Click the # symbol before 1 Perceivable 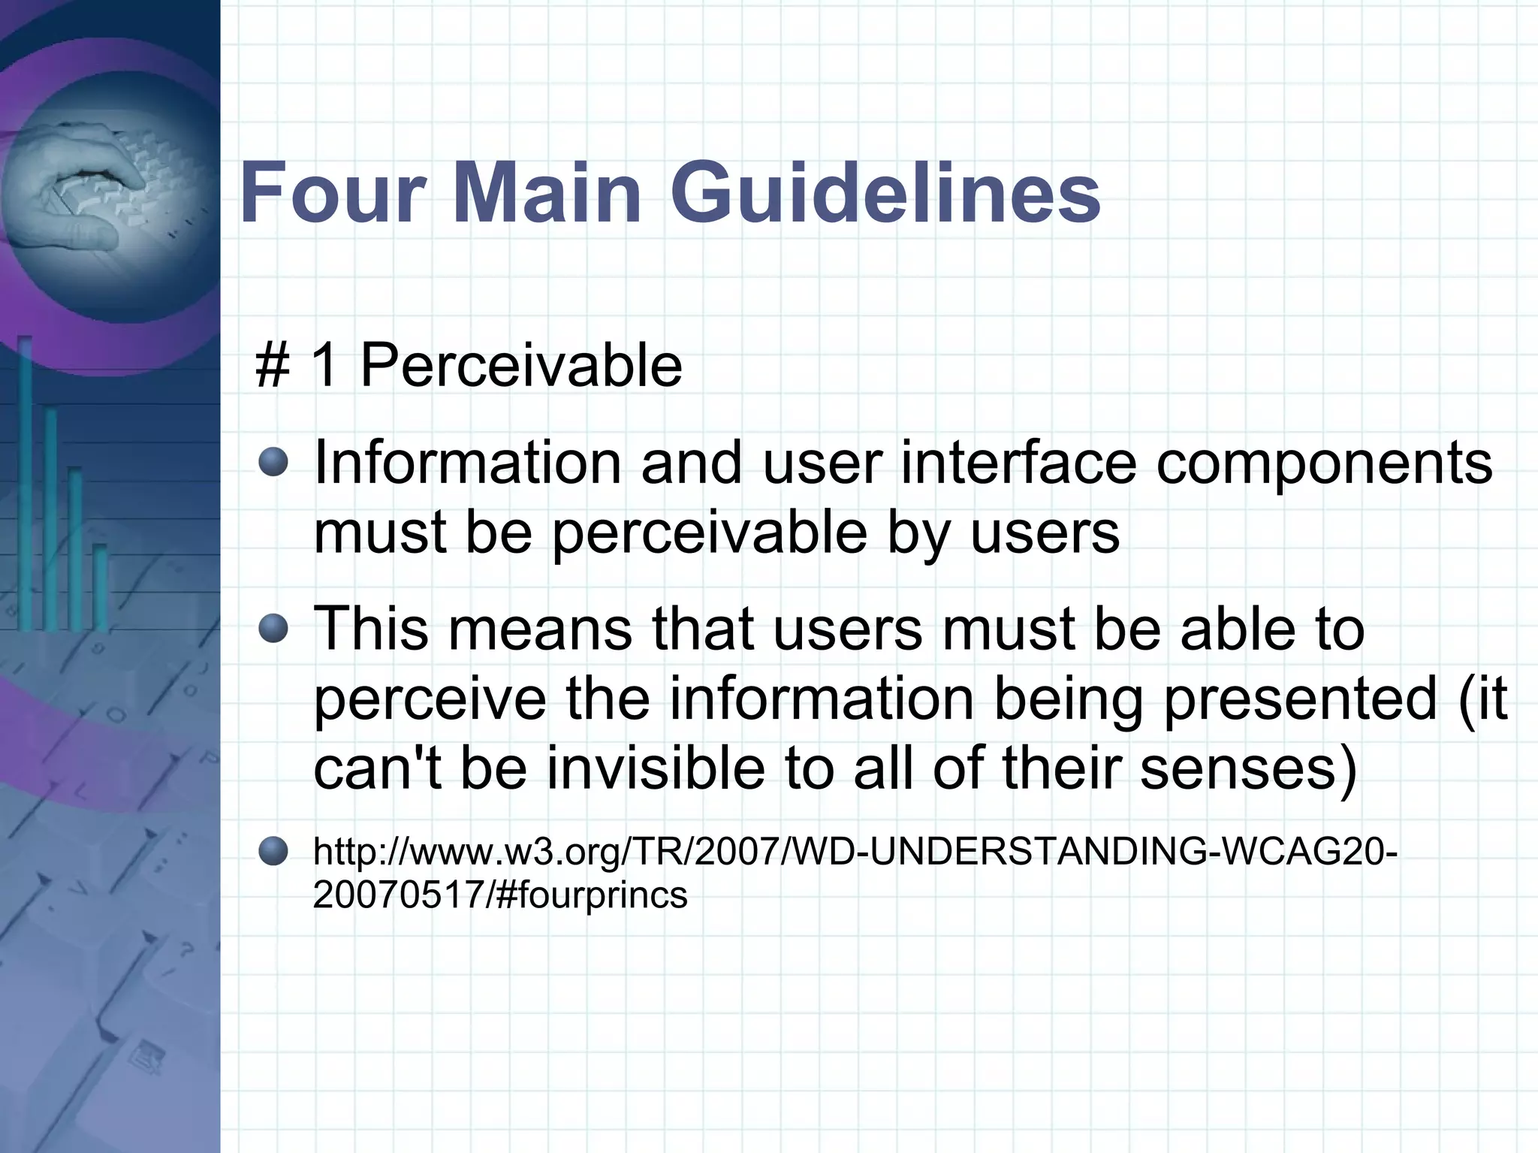coord(273,366)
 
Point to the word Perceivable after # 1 coord(521,366)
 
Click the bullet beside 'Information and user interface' coord(273,463)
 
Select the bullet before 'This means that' coord(273,629)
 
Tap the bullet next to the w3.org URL coord(273,851)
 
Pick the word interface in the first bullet coord(1018,463)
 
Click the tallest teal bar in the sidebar coord(26,481)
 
